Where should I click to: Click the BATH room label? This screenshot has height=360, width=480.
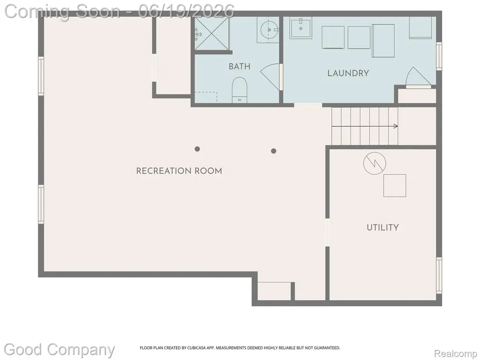pyautogui.click(x=240, y=67)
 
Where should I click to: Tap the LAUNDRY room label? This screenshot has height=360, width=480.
pyautogui.click(x=348, y=73)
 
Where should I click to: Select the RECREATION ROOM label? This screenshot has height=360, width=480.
pyautogui.click(x=179, y=171)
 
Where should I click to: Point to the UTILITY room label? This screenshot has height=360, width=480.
pyautogui.click(x=382, y=227)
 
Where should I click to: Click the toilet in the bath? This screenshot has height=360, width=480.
pyautogui.click(x=240, y=90)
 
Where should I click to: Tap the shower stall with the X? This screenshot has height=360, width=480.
pyautogui.click(x=212, y=33)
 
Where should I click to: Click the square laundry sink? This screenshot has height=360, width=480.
pyautogui.click(x=301, y=28)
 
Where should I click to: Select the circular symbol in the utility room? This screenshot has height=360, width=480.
pyautogui.click(x=375, y=163)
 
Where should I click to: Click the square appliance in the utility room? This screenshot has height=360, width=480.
pyautogui.click(x=395, y=186)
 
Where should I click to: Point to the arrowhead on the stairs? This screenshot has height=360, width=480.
pyautogui.click(x=396, y=126)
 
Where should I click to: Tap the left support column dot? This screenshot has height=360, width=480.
pyautogui.click(x=197, y=149)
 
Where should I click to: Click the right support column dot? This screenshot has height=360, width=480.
pyautogui.click(x=274, y=151)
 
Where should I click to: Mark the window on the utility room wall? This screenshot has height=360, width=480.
pyautogui.click(x=439, y=276)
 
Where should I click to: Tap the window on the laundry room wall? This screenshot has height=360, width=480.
pyautogui.click(x=439, y=56)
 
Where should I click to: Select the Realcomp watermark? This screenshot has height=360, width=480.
pyautogui.click(x=456, y=354)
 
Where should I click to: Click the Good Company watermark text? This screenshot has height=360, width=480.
pyautogui.click(x=59, y=350)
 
